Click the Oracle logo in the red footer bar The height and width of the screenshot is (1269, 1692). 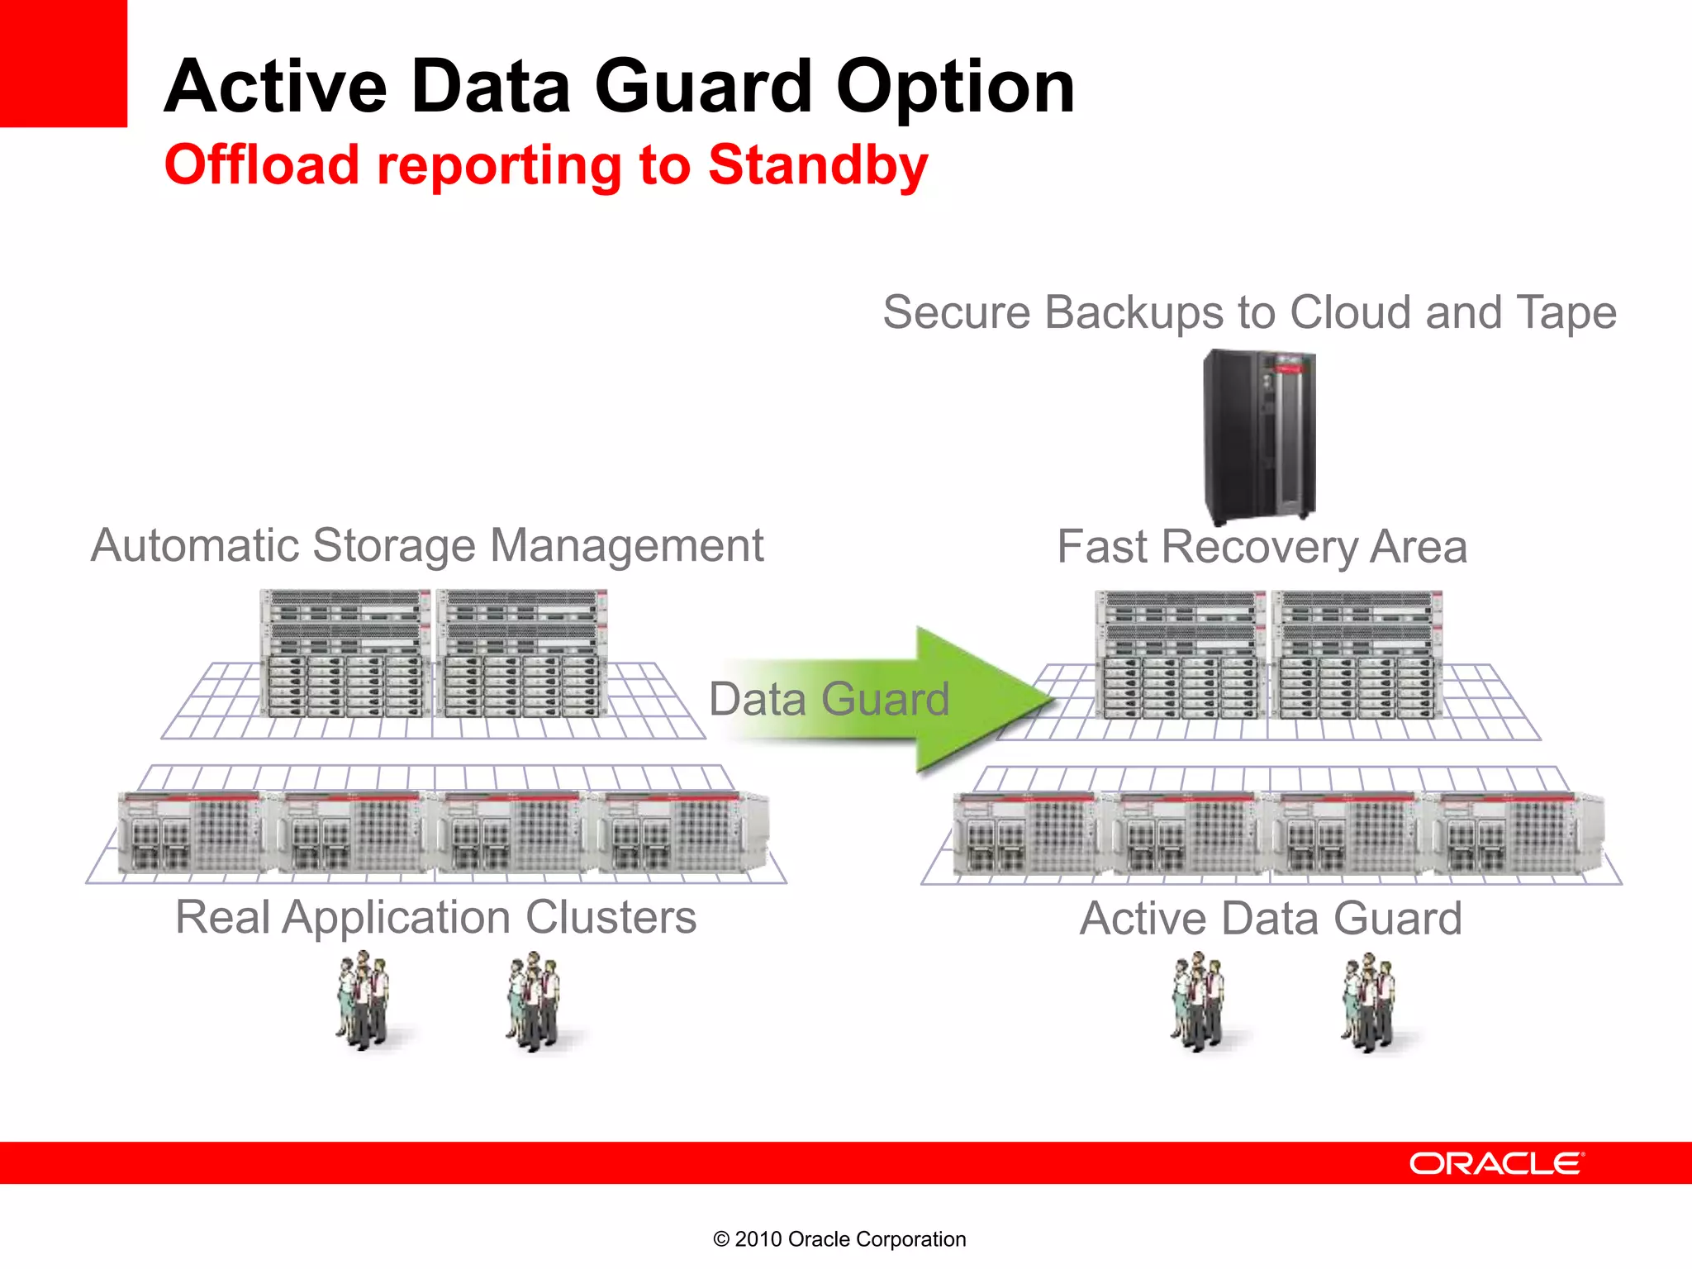(x=1496, y=1163)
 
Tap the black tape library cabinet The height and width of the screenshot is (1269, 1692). (x=1259, y=435)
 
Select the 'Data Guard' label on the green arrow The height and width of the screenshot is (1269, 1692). (x=829, y=699)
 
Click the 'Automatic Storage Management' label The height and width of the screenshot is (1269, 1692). (x=427, y=546)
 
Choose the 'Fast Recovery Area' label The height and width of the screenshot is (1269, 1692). (x=1262, y=547)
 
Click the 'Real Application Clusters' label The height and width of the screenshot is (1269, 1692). (x=435, y=918)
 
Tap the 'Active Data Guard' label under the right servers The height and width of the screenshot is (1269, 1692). (x=1271, y=919)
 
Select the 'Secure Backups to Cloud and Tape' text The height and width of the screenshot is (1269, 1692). (x=1249, y=313)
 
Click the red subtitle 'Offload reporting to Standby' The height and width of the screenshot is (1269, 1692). (x=546, y=165)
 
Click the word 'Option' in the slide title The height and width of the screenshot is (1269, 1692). (x=955, y=87)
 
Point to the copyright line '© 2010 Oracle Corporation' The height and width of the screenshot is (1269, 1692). (x=839, y=1239)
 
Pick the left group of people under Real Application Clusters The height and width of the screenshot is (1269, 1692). (x=363, y=1000)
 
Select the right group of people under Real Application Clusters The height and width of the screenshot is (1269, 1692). (x=534, y=1001)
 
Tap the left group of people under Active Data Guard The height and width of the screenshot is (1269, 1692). (x=1198, y=1001)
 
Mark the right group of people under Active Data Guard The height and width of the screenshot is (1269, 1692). (x=1369, y=1002)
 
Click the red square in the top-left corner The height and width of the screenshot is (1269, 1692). (x=63, y=63)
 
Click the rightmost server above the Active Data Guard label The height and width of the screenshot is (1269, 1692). (x=1519, y=833)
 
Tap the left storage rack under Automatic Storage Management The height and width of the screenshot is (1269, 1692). (x=345, y=653)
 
